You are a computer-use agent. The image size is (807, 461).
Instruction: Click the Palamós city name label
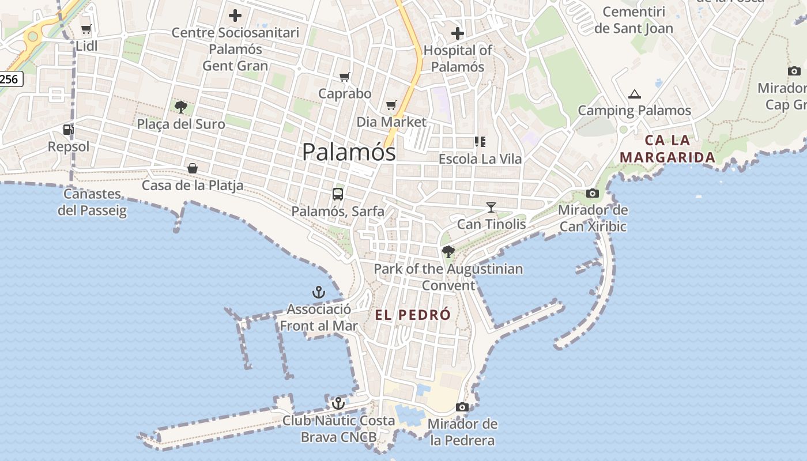tap(349, 152)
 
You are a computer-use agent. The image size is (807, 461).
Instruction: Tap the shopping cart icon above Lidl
tap(86, 29)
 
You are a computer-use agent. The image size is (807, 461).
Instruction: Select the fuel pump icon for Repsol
tap(69, 130)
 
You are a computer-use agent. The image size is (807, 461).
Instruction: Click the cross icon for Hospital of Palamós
tap(458, 33)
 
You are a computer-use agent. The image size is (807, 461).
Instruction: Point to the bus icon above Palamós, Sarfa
tap(338, 194)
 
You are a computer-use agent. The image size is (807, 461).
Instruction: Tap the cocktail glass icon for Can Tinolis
tap(491, 207)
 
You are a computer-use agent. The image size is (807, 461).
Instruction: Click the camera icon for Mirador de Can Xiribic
tap(593, 193)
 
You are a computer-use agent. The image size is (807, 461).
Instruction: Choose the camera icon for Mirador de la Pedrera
tap(462, 407)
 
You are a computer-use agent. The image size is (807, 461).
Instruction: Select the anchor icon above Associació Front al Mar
tap(319, 292)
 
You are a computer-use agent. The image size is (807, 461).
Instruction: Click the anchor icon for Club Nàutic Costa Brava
tap(338, 403)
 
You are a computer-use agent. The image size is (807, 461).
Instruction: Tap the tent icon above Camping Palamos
tap(635, 94)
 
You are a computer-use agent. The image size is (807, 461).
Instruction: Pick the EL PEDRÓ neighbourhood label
tap(412, 315)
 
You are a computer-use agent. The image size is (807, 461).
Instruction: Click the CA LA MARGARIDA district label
tap(668, 149)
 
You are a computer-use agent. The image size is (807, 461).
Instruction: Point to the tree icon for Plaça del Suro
tap(181, 107)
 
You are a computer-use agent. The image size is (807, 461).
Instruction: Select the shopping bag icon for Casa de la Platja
tap(193, 168)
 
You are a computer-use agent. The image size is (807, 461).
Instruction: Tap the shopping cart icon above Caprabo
tap(345, 77)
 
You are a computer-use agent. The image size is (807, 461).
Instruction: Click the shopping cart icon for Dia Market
tap(391, 105)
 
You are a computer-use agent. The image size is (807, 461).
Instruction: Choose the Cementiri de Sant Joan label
tap(633, 20)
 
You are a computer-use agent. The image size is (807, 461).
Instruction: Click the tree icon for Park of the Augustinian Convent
tap(448, 252)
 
